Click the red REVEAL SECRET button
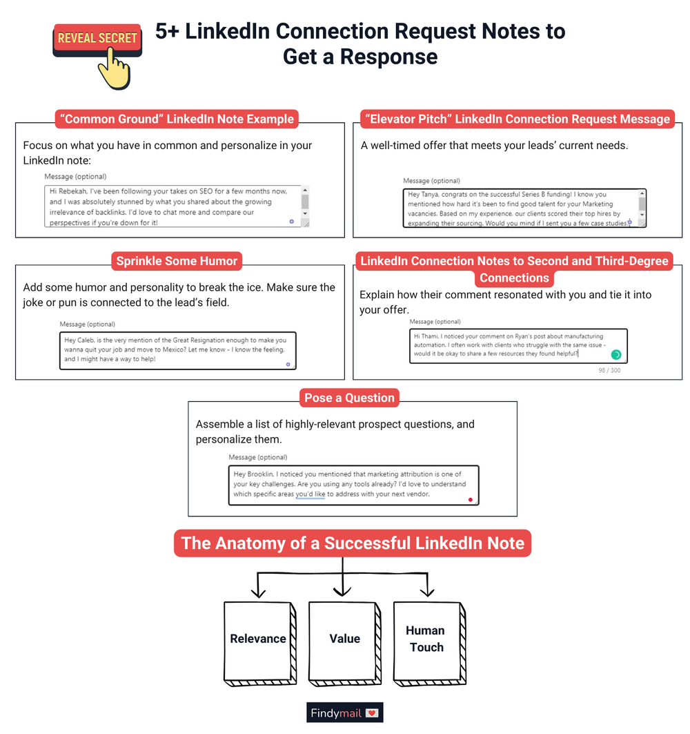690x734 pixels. click(x=97, y=39)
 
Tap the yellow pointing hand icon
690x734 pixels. click(x=114, y=73)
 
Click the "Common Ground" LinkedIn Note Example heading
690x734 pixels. click(x=177, y=119)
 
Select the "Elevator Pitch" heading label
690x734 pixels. click(x=515, y=119)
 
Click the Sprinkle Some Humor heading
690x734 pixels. click(x=177, y=261)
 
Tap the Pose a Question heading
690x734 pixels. click(x=350, y=398)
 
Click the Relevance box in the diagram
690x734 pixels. click(x=258, y=639)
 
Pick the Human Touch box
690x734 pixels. click(x=426, y=639)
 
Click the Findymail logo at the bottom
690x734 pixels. click(x=344, y=713)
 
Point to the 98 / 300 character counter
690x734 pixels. click(x=609, y=371)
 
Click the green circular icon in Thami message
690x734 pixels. click(x=616, y=354)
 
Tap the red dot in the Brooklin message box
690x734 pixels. click(x=470, y=499)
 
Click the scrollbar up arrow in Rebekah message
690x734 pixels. click(x=305, y=191)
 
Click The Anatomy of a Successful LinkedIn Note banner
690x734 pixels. click(x=353, y=543)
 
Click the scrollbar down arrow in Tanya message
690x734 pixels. click(x=642, y=214)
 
